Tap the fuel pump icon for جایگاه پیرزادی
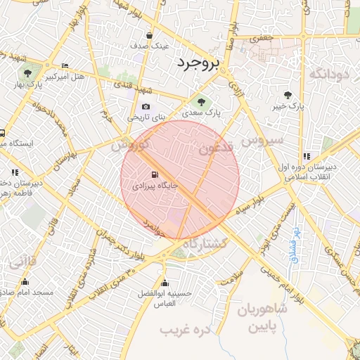(154, 175)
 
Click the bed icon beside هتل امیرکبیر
(65, 65)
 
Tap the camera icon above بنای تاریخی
(146, 106)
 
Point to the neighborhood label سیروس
(262, 141)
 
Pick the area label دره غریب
(185, 330)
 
